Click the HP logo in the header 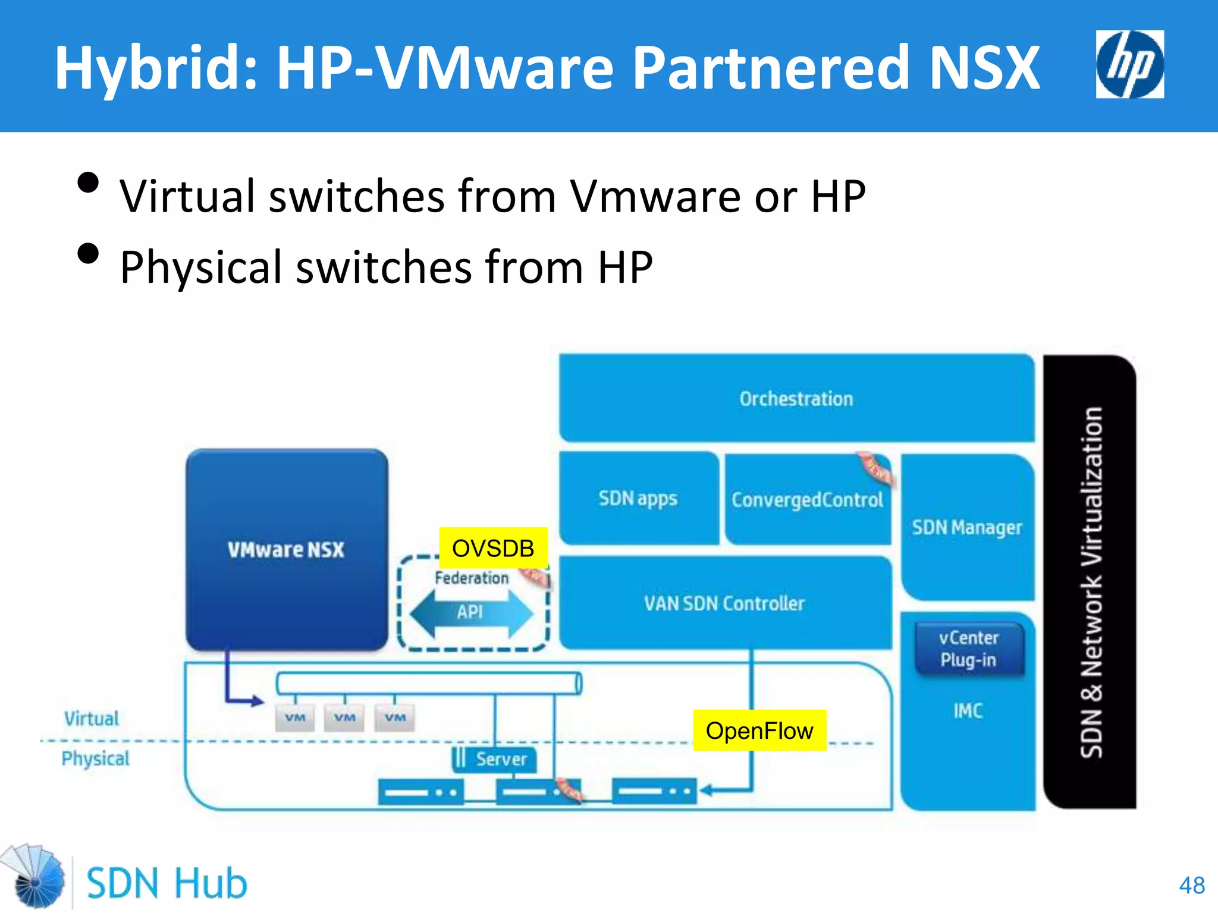[x=1129, y=64]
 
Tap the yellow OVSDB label [x=493, y=548]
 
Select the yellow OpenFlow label [x=759, y=731]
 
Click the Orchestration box [x=796, y=398]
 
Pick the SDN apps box [x=638, y=498]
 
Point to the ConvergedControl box [x=807, y=500]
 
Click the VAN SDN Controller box [x=724, y=603]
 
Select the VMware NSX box [x=286, y=549]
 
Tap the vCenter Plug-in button [x=969, y=648]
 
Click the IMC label [x=968, y=711]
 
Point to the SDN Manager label [x=967, y=527]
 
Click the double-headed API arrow [x=471, y=613]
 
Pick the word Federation [x=472, y=578]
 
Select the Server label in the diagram [x=501, y=759]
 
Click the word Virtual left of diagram [x=92, y=718]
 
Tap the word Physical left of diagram [x=95, y=758]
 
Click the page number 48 [x=1191, y=885]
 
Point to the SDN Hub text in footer [x=167, y=883]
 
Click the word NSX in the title [x=984, y=68]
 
